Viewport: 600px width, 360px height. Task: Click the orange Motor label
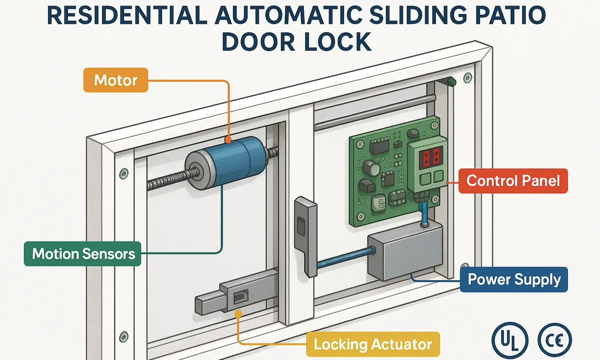click(x=116, y=80)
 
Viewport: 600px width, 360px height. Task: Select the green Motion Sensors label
click(x=82, y=254)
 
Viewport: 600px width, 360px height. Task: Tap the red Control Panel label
click(x=512, y=181)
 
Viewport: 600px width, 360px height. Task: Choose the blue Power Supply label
click(x=514, y=279)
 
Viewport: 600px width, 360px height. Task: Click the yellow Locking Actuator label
click(x=373, y=344)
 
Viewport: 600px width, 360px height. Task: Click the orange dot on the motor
click(x=228, y=140)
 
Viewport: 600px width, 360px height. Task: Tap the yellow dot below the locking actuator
click(x=238, y=314)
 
